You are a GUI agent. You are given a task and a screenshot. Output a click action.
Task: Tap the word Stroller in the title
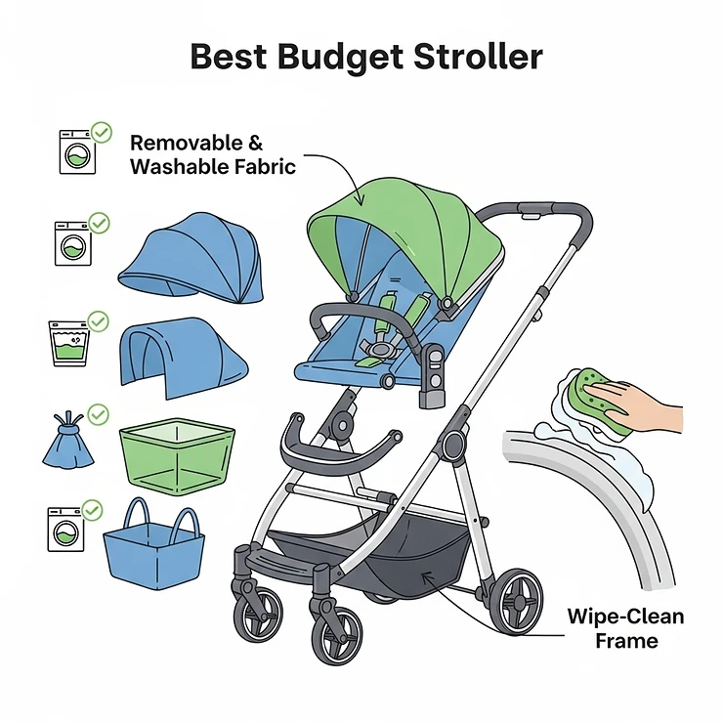475,56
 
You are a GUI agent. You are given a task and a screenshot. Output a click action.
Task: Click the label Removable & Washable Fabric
212,154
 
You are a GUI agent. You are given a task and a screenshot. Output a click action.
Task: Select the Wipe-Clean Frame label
625,628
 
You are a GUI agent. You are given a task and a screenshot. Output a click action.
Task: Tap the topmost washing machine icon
75,151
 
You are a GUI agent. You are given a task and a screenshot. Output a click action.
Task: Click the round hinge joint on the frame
452,446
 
